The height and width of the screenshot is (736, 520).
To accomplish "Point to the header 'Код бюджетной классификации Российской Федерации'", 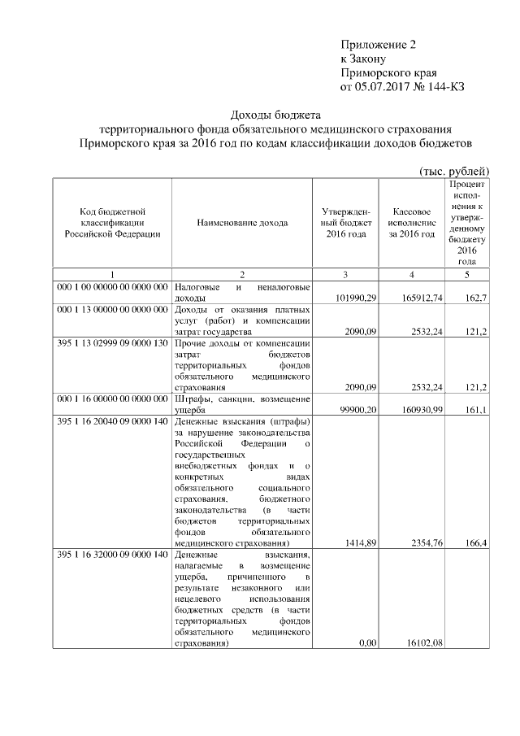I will [x=112, y=221].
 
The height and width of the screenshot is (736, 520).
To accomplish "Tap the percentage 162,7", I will [x=472, y=299].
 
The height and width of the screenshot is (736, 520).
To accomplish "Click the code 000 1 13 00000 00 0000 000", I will [x=112, y=310].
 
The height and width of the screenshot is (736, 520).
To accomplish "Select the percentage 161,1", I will [x=472, y=411].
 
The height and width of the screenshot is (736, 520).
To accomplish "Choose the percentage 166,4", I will [x=472, y=543].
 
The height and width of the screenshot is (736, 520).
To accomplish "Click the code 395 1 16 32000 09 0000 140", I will [x=112, y=555].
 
